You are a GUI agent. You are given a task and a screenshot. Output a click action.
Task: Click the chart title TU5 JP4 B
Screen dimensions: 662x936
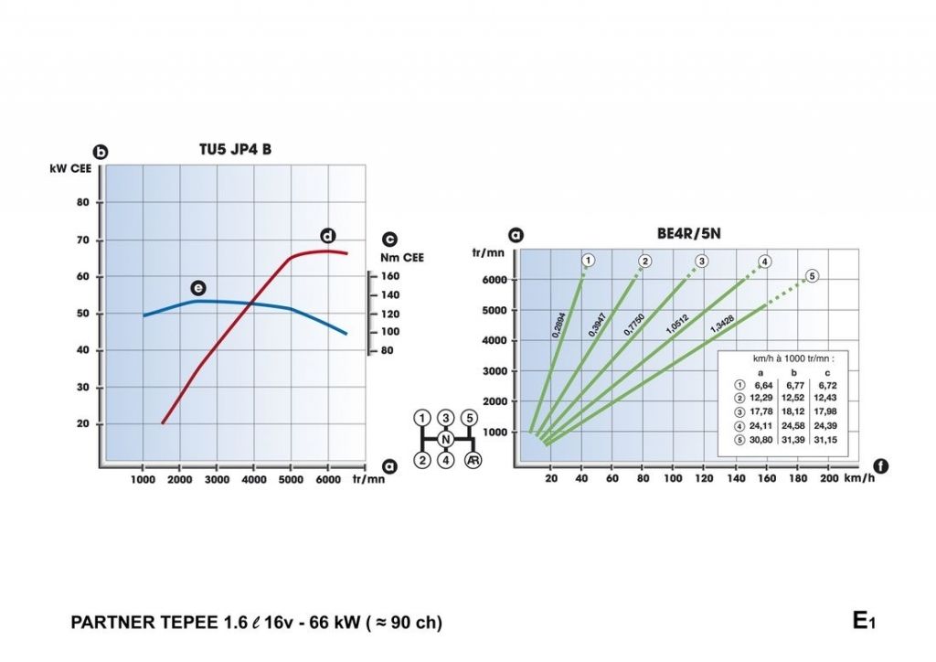coord(235,150)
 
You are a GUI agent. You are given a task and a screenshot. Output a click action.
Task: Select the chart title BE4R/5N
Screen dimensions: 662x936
coord(689,233)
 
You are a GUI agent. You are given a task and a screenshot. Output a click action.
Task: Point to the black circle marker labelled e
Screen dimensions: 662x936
coord(197,288)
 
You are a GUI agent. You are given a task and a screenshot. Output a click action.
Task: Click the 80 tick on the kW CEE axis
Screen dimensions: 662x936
coord(82,203)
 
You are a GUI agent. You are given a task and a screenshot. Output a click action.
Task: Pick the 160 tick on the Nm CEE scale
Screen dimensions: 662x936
coord(389,276)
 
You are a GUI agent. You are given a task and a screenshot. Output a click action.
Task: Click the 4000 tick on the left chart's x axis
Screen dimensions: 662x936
coord(253,479)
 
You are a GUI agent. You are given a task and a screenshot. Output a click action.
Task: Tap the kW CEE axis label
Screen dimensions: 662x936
coord(69,168)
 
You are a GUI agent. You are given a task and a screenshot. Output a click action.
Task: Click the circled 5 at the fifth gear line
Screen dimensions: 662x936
coord(812,275)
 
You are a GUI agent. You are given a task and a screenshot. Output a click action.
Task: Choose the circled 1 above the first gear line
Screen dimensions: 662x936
coord(589,261)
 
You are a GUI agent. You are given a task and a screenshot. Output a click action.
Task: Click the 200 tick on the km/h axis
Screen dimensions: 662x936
coord(828,479)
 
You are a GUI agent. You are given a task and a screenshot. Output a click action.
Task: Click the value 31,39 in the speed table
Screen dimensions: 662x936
coord(792,442)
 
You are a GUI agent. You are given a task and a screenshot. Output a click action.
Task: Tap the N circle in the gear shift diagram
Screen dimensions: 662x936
coord(446,440)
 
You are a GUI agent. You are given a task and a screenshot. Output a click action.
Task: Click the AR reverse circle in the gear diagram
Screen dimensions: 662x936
coord(473,461)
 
